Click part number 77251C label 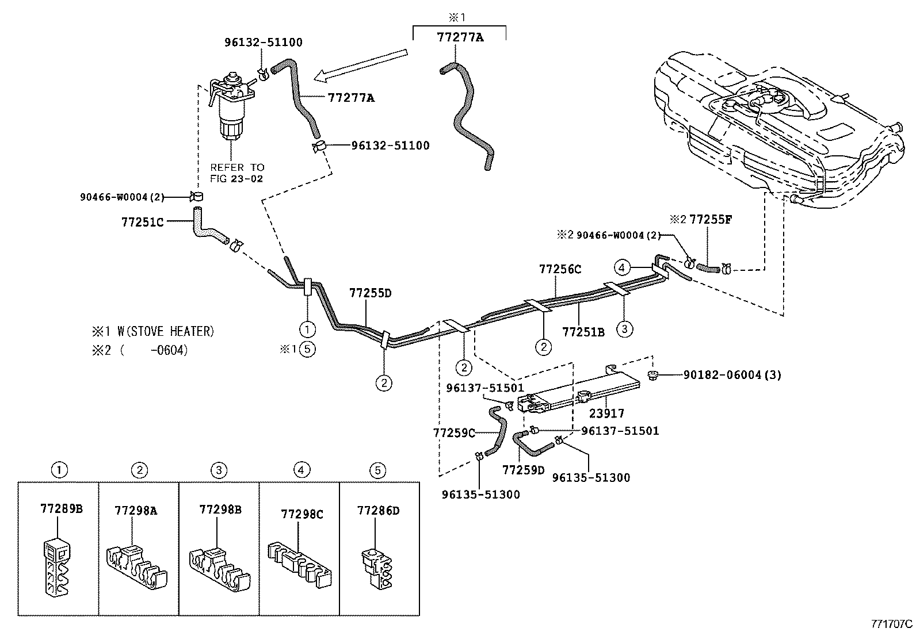(143, 221)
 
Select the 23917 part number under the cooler (606, 413)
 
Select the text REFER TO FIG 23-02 (236, 173)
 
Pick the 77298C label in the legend (301, 514)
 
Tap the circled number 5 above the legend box (377, 470)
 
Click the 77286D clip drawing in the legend (377, 569)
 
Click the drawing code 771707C (891, 623)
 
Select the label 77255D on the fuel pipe (370, 293)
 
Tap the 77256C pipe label (560, 269)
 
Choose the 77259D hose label (522, 470)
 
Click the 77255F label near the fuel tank (711, 219)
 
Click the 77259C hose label (454, 432)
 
